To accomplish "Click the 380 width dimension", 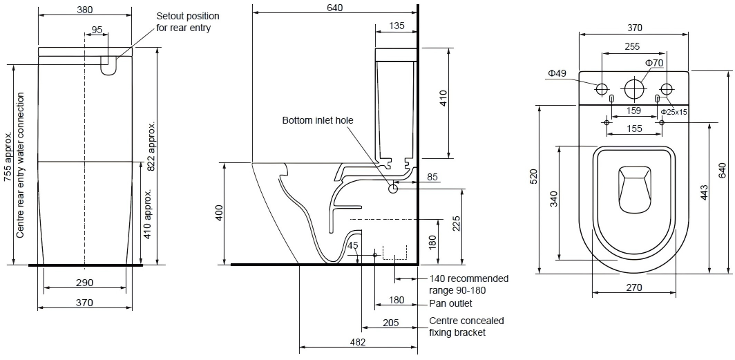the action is coord(84,9).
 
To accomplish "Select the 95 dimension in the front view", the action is coord(97,30).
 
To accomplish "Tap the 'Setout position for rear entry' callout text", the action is coord(187,21).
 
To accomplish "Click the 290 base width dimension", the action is coord(84,282).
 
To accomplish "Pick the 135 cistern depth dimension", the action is coord(397,26).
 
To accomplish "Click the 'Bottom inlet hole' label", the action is coord(317,120).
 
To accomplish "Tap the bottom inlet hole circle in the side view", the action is coord(393,189).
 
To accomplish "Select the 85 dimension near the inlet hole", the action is coord(432,177).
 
